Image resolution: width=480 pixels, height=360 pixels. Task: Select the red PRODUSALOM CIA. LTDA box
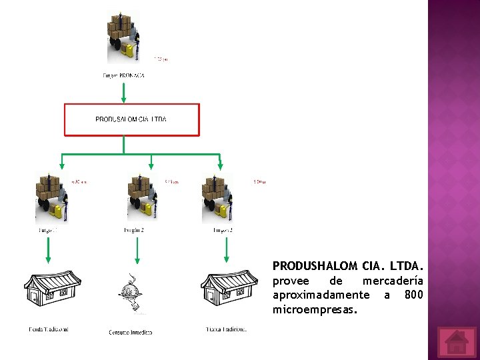coord(131,119)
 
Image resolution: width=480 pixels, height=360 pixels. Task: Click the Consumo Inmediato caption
coord(131,332)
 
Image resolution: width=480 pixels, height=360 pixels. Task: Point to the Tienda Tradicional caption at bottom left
coord(48,329)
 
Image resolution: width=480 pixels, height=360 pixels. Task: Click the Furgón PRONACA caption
coord(123,75)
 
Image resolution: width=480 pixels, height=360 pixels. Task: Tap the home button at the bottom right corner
coord(457,341)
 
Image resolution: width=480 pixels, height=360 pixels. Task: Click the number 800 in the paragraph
coord(413,295)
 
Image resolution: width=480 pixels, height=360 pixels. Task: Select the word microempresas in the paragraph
coord(315,310)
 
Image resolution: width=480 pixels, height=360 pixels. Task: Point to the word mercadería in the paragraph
coord(393,281)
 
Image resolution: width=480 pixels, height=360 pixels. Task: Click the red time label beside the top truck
coord(161,59)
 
